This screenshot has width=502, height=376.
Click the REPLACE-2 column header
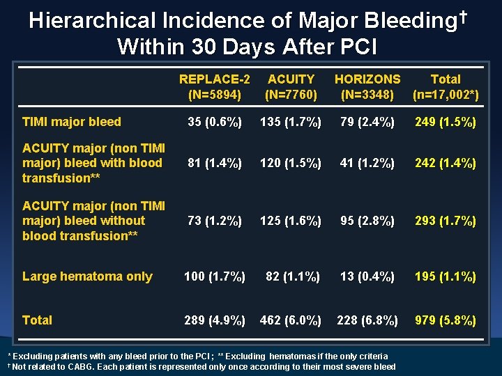(x=214, y=86)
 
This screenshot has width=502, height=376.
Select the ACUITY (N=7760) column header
(x=291, y=86)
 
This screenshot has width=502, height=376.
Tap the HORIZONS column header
(x=367, y=86)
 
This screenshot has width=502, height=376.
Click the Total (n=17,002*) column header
(x=445, y=86)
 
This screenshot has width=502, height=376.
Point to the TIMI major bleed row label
(x=72, y=122)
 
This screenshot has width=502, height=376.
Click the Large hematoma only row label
(x=87, y=276)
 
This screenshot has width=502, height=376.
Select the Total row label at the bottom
(x=37, y=320)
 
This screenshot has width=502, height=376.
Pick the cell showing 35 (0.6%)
(x=214, y=123)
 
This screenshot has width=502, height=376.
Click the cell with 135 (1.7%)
(x=291, y=123)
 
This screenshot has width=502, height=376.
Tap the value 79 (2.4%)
(x=367, y=123)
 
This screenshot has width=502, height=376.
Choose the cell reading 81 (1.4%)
(x=214, y=164)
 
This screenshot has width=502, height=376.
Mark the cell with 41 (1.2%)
(x=367, y=164)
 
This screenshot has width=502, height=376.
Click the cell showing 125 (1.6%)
(x=291, y=221)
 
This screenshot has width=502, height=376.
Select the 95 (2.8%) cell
(x=367, y=221)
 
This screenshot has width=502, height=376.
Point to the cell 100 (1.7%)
(x=214, y=277)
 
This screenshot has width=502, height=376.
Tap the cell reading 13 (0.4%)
(x=367, y=277)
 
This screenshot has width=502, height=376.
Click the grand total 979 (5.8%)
(x=446, y=321)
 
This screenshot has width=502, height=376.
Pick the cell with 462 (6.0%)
(x=291, y=321)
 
